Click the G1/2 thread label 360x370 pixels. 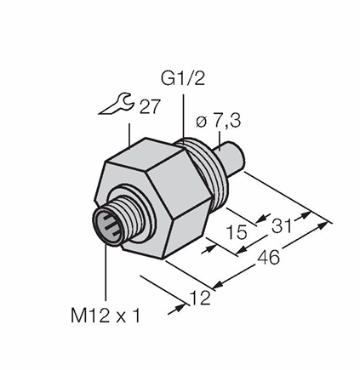click(x=183, y=79)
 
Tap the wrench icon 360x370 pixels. click(x=117, y=105)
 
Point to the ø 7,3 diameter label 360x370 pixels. click(x=218, y=122)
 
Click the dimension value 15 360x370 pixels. click(x=237, y=232)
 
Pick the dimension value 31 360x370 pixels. click(x=282, y=225)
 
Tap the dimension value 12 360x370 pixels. click(x=201, y=298)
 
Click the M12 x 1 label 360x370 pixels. click(x=106, y=316)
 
